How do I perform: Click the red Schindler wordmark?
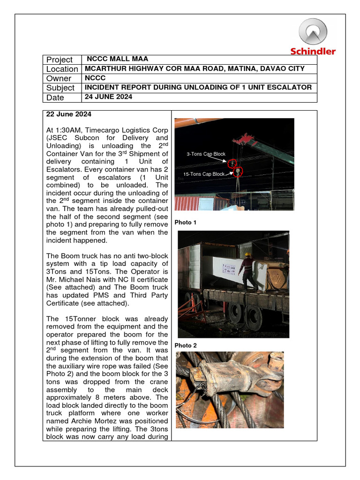(313, 52)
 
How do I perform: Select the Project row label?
(59, 60)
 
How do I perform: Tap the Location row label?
(62, 69)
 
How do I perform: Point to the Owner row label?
(59, 78)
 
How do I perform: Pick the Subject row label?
(60, 88)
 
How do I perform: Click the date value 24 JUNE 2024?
(108, 97)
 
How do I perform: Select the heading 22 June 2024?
(68, 115)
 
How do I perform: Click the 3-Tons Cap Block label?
(206, 154)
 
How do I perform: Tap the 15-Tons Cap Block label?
(204, 174)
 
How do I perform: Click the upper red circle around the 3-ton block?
(232, 164)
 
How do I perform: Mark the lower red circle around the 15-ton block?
(238, 172)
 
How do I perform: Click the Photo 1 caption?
(185, 223)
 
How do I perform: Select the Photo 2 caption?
(185, 345)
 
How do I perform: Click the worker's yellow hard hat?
(248, 255)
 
